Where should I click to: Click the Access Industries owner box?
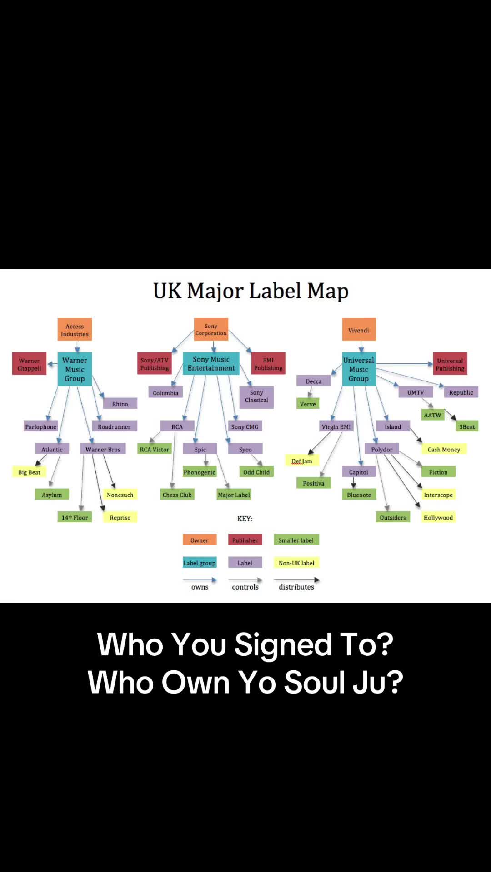75,330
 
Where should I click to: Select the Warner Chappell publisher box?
29,364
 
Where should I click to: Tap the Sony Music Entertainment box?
211,364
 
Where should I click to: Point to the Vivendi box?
359,330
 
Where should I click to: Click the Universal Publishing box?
450,364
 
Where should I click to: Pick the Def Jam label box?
302,461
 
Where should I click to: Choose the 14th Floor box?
75,517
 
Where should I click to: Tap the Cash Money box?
444,449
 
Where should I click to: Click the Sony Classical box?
256,397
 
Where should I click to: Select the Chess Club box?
177,495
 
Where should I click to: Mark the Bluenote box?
359,495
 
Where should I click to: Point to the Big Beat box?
29,472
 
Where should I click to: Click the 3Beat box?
467,426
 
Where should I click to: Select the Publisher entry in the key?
245,540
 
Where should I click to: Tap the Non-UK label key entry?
296,563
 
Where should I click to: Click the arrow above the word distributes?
297,580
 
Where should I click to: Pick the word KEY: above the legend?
245,519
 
